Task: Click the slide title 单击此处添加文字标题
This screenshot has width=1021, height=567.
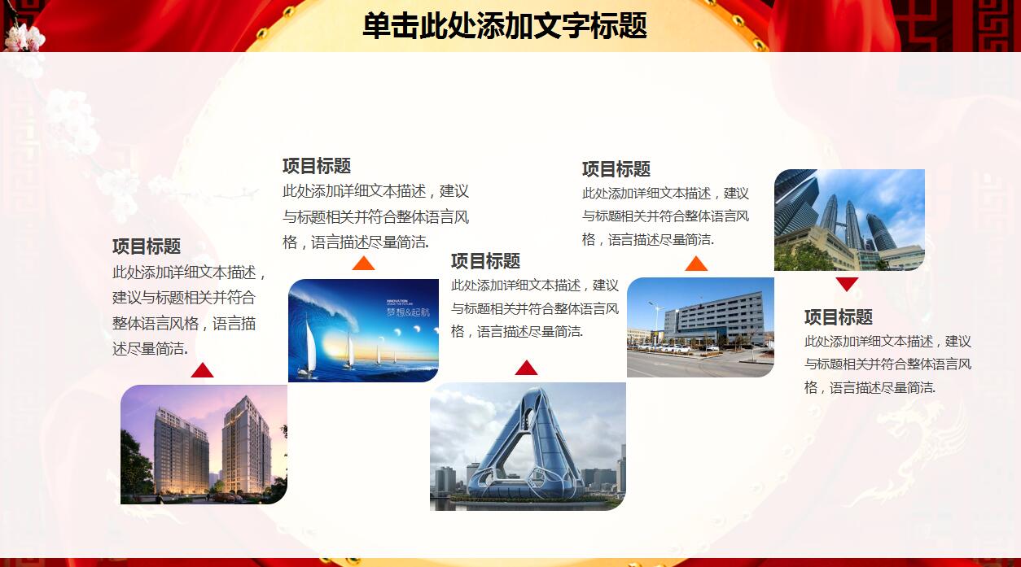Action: point(504,26)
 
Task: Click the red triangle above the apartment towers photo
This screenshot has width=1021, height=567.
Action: point(202,371)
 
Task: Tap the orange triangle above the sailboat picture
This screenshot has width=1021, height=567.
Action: point(363,264)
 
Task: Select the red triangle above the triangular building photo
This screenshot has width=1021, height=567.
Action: point(526,368)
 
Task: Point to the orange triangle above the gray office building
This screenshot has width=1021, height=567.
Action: point(696,264)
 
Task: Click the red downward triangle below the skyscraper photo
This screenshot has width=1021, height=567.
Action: point(847,284)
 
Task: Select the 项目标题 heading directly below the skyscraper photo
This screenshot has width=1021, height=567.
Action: point(838,317)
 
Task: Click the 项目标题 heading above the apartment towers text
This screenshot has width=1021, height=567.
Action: point(147,246)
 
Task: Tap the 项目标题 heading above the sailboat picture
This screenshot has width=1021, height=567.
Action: point(317,166)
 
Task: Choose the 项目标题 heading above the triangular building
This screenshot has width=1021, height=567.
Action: point(485,261)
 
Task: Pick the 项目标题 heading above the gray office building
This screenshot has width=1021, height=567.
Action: point(616,169)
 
